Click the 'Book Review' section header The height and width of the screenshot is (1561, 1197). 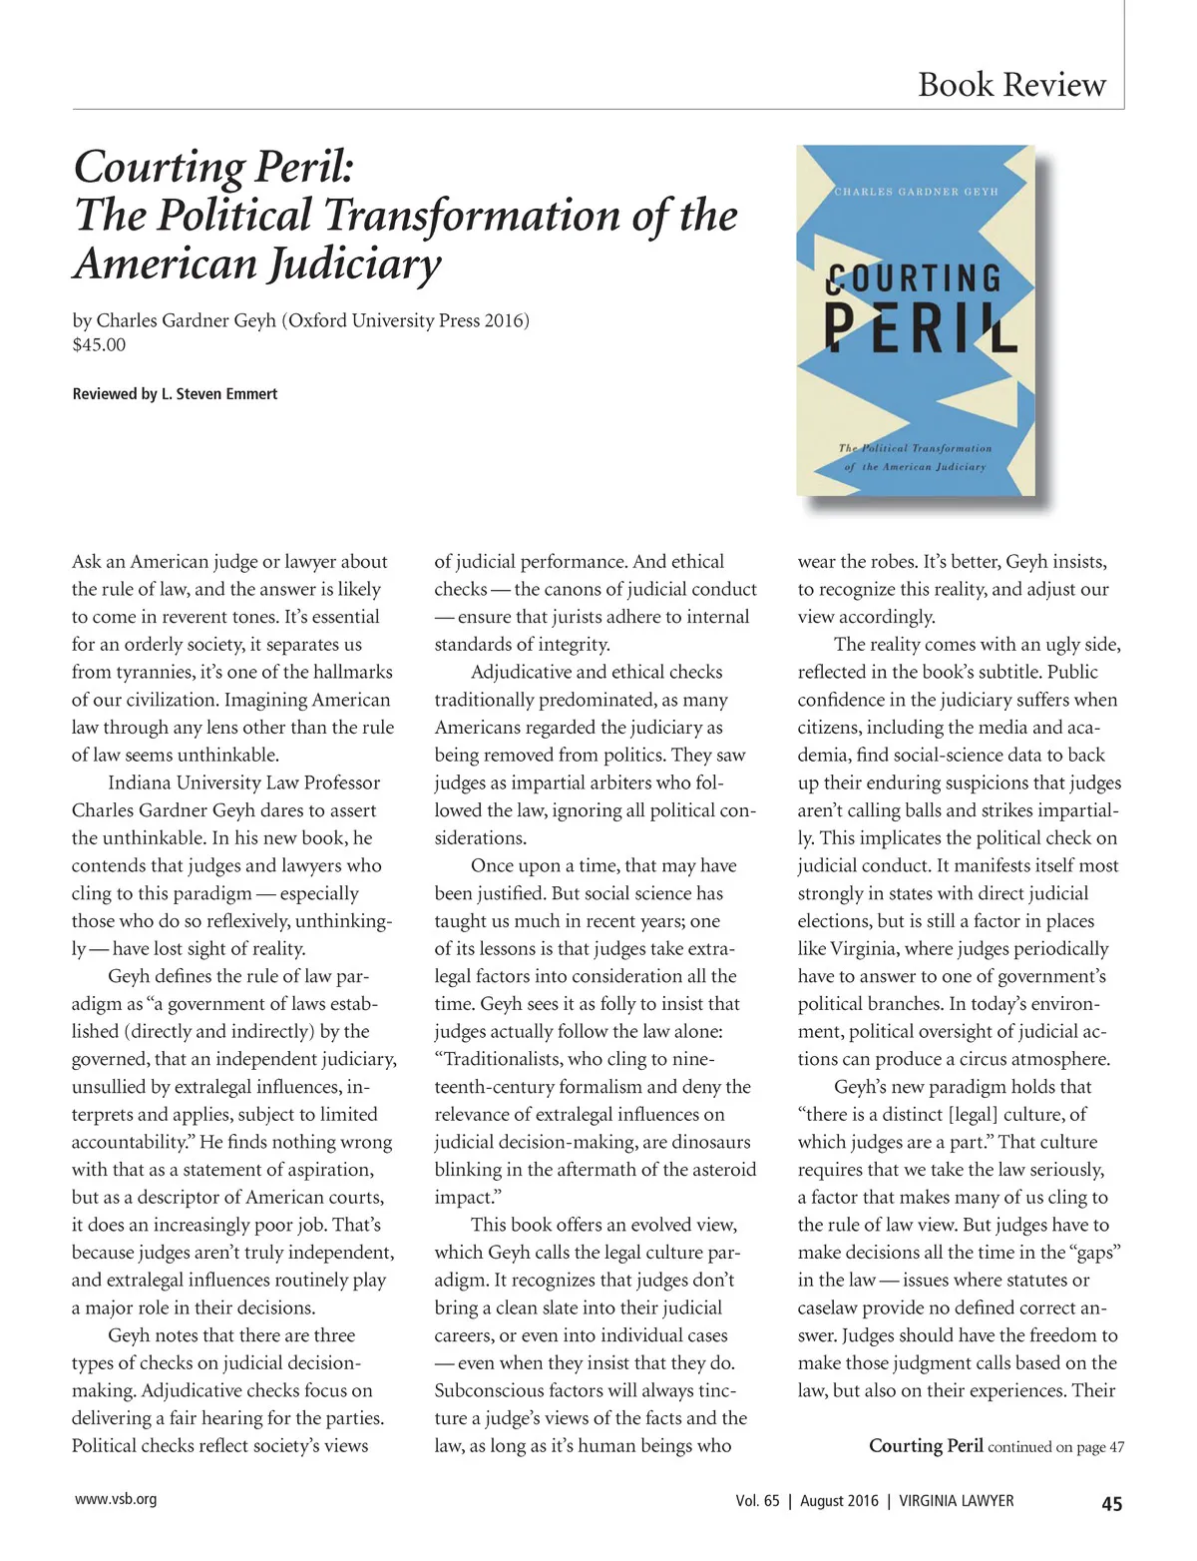(1011, 85)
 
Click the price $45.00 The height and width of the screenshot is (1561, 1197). (99, 345)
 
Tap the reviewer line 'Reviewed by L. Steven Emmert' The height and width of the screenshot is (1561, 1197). (175, 394)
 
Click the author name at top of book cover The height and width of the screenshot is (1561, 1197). (916, 192)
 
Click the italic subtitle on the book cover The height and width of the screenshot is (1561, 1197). (915, 457)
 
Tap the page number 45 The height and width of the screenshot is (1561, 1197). (1111, 1504)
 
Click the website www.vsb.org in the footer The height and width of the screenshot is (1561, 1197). (116, 1499)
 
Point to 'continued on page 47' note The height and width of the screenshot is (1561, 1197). (1055, 1447)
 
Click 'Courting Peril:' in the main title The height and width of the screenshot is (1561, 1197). (213, 167)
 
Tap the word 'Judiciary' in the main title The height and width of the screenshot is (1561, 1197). (350, 263)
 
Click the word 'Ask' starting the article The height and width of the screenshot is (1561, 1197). (87, 562)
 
